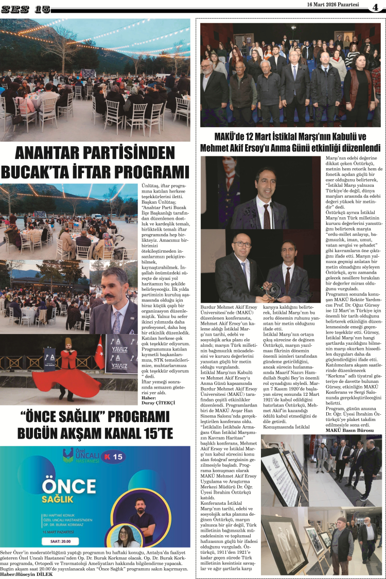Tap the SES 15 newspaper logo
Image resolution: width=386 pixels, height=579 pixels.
click(x=26, y=9)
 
